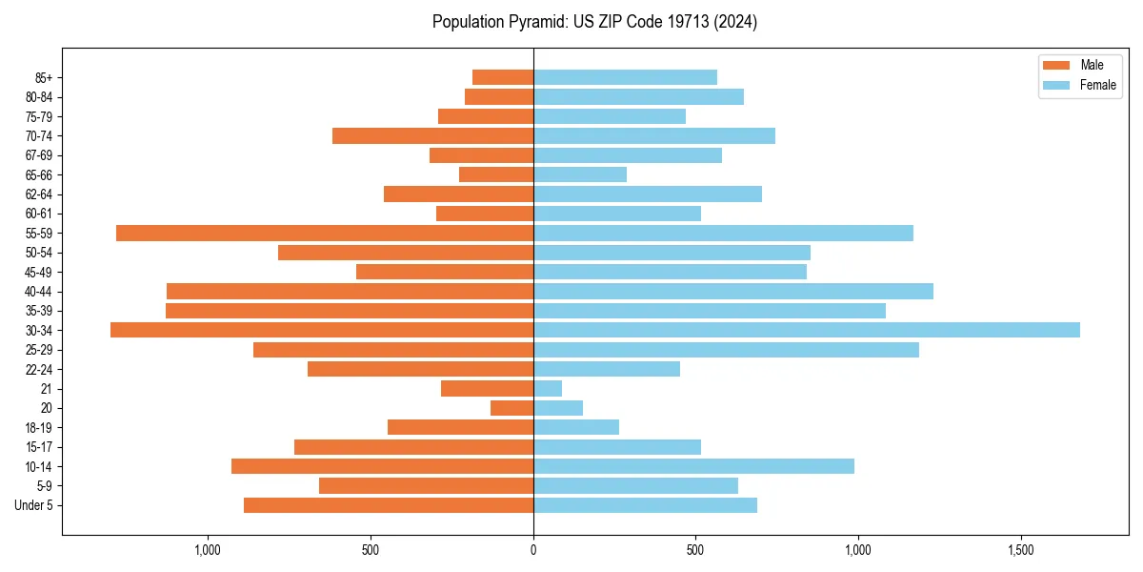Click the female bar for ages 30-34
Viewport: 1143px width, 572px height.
tap(806, 330)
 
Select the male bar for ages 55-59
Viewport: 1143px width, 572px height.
tap(324, 233)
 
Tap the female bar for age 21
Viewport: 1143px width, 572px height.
tap(548, 388)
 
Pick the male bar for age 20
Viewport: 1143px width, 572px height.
tap(511, 408)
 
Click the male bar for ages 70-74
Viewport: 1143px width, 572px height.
tap(432, 135)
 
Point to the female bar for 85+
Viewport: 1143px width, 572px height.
tap(625, 77)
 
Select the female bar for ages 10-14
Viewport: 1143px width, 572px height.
tap(693, 466)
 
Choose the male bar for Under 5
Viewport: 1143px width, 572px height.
tap(389, 505)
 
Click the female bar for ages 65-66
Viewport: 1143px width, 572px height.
tap(580, 174)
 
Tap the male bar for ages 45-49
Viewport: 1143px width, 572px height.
tap(445, 272)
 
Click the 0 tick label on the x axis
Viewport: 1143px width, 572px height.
tap(533, 551)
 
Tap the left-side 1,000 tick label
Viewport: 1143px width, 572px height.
tap(208, 551)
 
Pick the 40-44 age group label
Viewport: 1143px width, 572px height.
tap(39, 292)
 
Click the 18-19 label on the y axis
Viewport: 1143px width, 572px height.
tap(39, 428)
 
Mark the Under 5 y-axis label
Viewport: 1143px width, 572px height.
tap(34, 505)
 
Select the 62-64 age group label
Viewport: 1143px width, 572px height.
tap(39, 194)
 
